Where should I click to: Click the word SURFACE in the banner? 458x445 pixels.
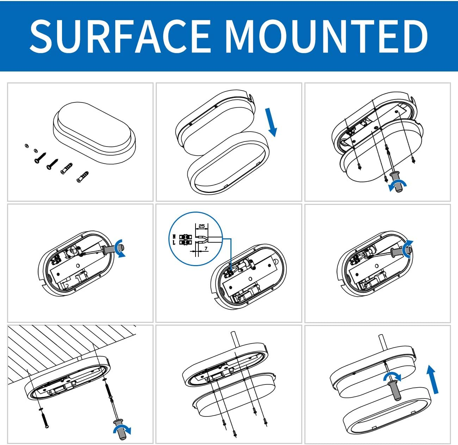pos(120,36)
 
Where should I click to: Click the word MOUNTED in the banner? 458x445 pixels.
pos(327,36)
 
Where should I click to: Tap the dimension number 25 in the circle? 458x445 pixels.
pos(202,226)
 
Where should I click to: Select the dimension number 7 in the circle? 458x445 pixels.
pos(206,249)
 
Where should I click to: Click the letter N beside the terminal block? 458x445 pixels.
pos(174,236)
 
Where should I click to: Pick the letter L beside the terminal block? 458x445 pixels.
pos(174,243)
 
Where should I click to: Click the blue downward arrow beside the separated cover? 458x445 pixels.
pos(271,122)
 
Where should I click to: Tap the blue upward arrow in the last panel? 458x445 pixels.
pos(433,379)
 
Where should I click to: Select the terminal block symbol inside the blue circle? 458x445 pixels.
pos(185,239)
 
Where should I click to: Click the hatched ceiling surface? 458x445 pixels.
pos(70,348)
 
